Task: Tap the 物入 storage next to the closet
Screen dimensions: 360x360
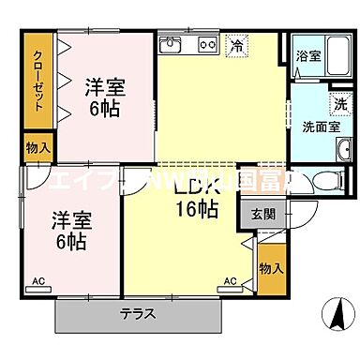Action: tap(37, 148)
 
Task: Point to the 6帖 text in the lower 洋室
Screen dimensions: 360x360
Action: tap(71, 242)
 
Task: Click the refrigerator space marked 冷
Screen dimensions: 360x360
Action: tap(236, 45)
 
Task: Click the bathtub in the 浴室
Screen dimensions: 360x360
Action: tap(308, 66)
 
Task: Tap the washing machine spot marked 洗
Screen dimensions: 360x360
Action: tap(338, 105)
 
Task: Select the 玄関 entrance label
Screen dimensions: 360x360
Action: tap(263, 212)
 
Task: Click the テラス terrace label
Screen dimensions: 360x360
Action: tap(136, 314)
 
